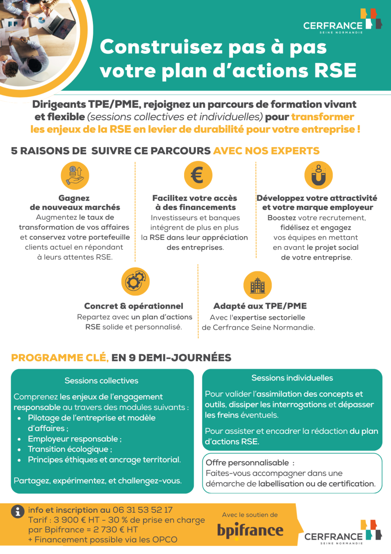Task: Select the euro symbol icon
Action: [198, 175]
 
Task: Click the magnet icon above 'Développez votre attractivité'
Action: [318, 175]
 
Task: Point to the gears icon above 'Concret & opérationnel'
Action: [135, 281]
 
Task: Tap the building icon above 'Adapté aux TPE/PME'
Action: [257, 285]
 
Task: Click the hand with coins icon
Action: [75, 175]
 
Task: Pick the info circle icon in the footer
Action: [18, 511]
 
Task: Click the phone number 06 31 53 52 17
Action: [142, 510]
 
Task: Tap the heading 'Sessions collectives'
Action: [101, 381]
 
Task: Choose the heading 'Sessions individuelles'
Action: [292, 378]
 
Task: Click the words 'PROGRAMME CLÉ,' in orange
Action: [60, 358]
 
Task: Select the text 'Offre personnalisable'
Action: [247, 462]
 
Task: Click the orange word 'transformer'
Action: [322, 117]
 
